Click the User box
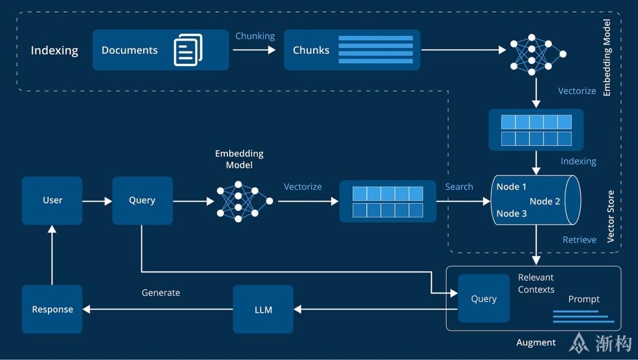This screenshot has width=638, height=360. (x=52, y=200)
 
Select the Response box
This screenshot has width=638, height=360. (x=52, y=309)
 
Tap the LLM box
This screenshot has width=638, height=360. (x=263, y=309)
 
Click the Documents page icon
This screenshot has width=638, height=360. (x=188, y=50)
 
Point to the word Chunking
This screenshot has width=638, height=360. (x=255, y=36)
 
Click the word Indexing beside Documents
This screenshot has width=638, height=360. (x=54, y=50)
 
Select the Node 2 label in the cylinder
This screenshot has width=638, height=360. (x=545, y=201)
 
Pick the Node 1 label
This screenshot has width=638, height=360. (x=512, y=187)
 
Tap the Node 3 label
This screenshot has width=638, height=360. (x=512, y=213)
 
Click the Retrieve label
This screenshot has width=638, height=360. (x=580, y=239)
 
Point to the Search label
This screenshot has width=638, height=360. (x=459, y=187)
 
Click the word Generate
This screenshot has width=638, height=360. (x=161, y=293)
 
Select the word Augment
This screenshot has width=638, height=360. (x=536, y=342)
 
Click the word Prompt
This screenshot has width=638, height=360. (x=584, y=299)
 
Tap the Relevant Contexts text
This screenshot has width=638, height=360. (x=536, y=283)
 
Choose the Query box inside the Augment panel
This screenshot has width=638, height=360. (x=484, y=299)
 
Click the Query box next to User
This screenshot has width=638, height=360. (x=142, y=200)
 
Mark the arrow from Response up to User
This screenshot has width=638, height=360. (x=52, y=255)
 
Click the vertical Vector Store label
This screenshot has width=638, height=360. (x=611, y=216)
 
